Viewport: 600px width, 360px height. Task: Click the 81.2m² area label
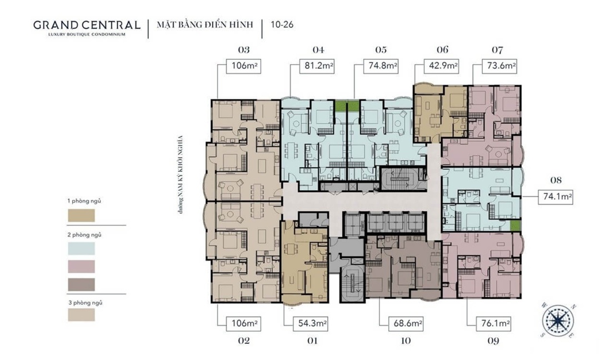click(x=317, y=66)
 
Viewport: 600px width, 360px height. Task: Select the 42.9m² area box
click(x=442, y=66)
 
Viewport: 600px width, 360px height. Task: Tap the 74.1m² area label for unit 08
click(x=555, y=197)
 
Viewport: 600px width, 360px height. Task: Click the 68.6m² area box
click(x=406, y=324)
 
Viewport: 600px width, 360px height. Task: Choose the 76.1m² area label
click(x=494, y=324)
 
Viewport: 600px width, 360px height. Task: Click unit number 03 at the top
click(x=244, y=50)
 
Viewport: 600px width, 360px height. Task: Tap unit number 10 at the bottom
click(x=406, y=341)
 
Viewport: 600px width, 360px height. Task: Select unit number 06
click(x=442, y=50)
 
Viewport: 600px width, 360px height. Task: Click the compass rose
click(x=558, y=321)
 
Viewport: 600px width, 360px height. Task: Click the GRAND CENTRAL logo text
click(x=87, y=25)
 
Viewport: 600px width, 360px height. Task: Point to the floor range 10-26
click(x=282, y=25)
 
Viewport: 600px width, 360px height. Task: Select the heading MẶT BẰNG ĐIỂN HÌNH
click(x=205, y=24)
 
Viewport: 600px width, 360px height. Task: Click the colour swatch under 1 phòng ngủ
click(x=82, y=216)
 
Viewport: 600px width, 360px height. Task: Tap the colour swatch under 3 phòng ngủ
click(x=82, y=315)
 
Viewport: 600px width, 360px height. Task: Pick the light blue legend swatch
click(x=82, y=249)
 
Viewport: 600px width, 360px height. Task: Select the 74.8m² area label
click(x=381, y=66)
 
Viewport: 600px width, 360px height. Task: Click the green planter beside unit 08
click(x=516, y=226)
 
